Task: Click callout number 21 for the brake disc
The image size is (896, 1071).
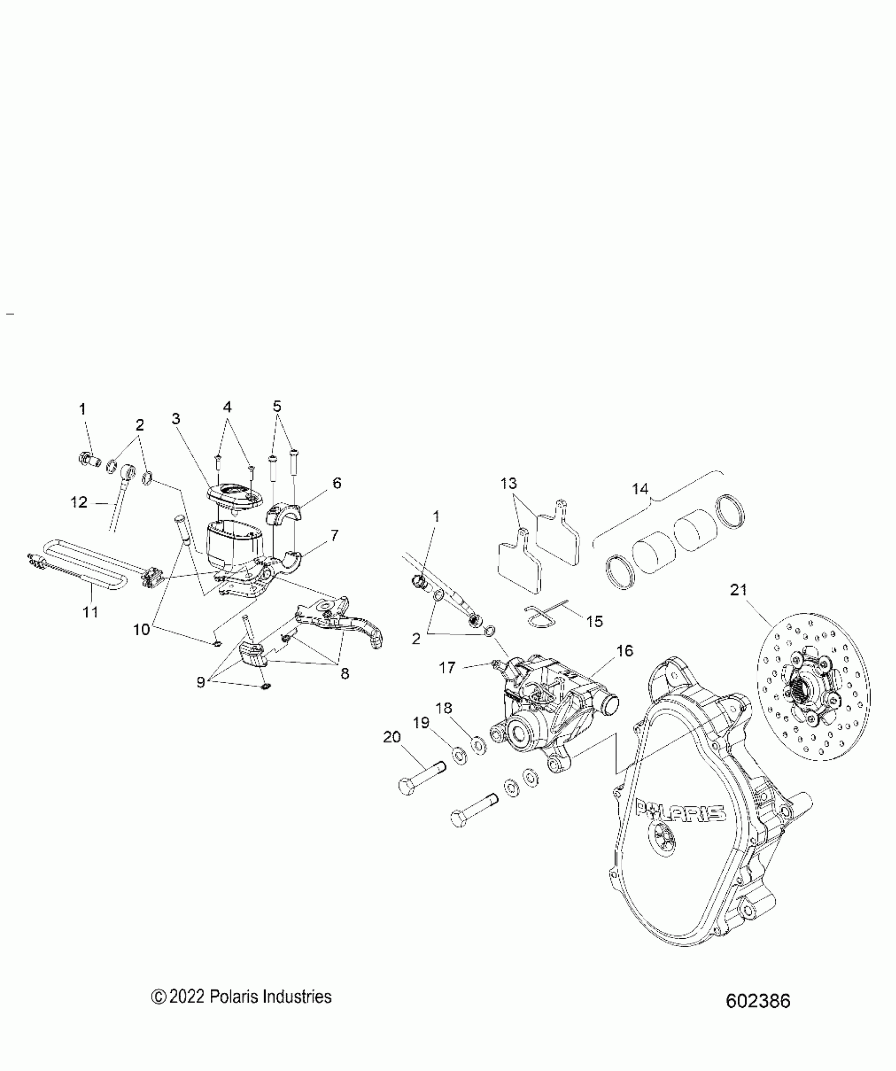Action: tap(738, 590)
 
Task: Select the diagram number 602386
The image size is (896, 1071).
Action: tap(758, 1016)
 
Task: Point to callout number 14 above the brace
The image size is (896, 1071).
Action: tap(640, 489)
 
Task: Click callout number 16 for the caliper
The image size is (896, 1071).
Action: tap(625, 651)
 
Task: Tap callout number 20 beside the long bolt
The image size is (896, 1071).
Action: tap(392, 737)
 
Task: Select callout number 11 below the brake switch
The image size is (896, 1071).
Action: tap(91, 612)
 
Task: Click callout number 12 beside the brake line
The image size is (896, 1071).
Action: tap(79, 502)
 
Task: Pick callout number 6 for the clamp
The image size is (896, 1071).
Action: tap(337, 483)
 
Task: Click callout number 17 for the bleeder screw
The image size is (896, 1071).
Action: tap(447, 668)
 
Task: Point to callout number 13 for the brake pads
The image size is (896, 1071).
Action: tap(509, 483)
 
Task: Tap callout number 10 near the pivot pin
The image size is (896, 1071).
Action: tap(142, 629)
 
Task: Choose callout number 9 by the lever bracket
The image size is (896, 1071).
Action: tap(201, 682)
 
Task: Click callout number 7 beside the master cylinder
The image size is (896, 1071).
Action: tap(335, 535)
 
